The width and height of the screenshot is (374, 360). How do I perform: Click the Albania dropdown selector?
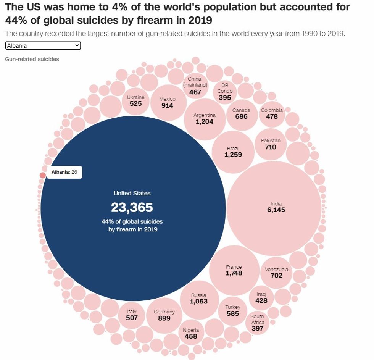43,46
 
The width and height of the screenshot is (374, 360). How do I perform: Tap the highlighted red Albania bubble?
42,175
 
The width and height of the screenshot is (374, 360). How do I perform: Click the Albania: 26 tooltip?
64,172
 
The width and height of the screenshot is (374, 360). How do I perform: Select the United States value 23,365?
132,207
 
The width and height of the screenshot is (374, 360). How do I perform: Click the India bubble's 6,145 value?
276,210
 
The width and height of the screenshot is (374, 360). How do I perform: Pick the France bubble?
234,270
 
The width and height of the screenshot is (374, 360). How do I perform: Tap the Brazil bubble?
233,152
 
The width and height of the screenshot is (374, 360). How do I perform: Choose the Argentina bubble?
205,119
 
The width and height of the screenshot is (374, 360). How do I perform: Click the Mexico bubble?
167,102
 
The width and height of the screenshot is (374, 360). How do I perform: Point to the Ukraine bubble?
136,100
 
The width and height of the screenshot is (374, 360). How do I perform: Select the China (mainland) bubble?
195,86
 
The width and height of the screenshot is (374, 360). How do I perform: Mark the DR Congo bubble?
225,92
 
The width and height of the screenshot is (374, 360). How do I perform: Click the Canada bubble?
241,113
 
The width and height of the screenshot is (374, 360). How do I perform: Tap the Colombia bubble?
272,113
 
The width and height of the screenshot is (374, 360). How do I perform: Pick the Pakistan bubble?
271,144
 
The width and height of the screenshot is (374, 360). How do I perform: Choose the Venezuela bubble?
276,272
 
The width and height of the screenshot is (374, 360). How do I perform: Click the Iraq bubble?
261,297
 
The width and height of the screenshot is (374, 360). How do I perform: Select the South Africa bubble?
257,323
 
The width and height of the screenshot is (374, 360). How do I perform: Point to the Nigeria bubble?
191,333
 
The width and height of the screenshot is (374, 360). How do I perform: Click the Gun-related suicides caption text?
32,59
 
